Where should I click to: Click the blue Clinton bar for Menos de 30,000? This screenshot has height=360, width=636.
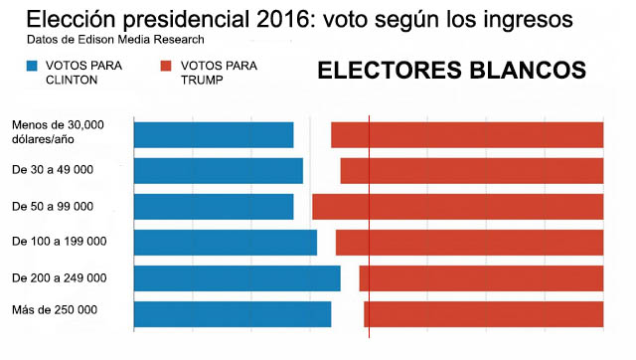pos(214,134)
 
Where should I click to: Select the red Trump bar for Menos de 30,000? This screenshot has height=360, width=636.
pos(467,134)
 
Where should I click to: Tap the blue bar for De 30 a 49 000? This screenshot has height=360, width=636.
pos(219,171)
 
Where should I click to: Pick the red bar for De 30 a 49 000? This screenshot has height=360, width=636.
pos(472,171)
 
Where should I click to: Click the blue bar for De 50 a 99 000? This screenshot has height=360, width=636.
pos(214,207)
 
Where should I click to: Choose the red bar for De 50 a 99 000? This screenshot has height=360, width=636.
pos(458,207)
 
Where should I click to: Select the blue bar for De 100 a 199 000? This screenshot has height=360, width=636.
pos(226,243)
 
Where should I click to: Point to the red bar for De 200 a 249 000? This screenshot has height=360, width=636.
pos(481,278)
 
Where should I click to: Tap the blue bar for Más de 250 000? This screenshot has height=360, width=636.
pos(233,314)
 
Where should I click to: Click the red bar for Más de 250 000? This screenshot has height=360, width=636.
pos(484,314)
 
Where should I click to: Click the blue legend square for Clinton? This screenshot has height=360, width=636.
pos(32,66)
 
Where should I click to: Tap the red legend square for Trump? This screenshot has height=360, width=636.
pos(166,66)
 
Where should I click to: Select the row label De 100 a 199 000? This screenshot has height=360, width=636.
pos(60,242)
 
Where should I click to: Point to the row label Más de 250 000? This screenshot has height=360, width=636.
pos(55,310)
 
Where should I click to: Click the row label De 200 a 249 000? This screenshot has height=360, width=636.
pos(60,278)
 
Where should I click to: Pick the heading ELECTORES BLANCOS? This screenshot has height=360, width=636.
pos(452,71)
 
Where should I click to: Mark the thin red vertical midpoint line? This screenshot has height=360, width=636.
pos(369,227)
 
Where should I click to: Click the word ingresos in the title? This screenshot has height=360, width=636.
pos(526,20)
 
